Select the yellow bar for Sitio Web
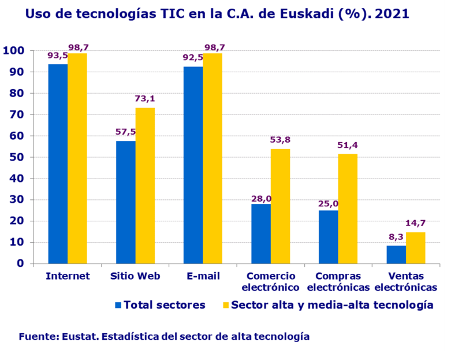[x=145, y=185]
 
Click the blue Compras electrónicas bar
[x=328, y=237]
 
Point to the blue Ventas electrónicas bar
[x=396, y=255]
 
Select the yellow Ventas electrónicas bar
[x=415, y=248]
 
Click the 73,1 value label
[x=145, y=99]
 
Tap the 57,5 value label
[x=126, y=132]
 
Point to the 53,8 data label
[x=281, y=139]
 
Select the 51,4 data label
[x=348, y=144]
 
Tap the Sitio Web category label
[x=136, y=276]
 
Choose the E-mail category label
[x=203, y=276]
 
